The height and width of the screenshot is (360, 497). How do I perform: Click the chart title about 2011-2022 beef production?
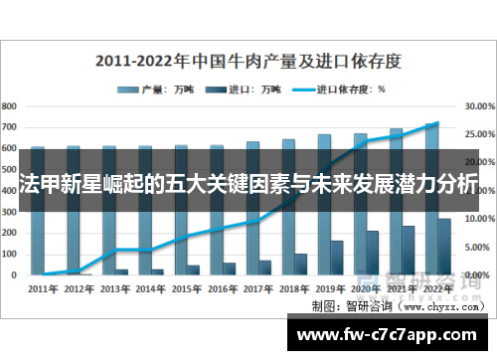(248, 60)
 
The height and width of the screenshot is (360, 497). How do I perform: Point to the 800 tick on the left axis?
(9, 105)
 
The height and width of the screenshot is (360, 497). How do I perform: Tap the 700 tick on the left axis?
(9, 126)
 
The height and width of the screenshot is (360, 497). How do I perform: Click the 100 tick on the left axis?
(9, 253)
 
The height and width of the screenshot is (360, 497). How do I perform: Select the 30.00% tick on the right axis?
(479, 105)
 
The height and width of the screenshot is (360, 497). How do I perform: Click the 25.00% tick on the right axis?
(479, 133)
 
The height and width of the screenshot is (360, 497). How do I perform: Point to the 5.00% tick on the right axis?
(479, 246)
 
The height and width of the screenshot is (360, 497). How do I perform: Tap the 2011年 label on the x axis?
(43, 288)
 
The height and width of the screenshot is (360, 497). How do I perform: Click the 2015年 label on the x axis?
(186, 288)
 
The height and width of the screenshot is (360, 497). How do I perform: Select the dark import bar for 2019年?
(337, 257)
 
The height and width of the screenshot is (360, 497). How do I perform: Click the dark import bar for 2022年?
(444, 246)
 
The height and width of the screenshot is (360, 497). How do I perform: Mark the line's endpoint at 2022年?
(437, 123)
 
